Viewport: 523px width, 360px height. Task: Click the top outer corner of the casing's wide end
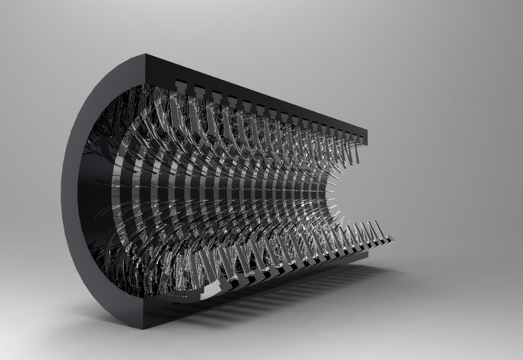(146, 55)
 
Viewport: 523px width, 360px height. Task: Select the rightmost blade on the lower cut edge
(376, 230)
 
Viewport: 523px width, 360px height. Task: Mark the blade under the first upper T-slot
(178, 107)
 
